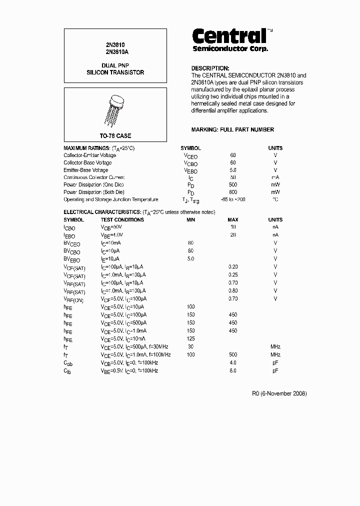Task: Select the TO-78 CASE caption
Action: click(x=115, y=135)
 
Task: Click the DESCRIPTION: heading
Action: click(x=210, y=68)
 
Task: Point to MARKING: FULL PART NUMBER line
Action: click(x=232, y=129)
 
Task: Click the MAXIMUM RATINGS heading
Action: click(x=86, y=148)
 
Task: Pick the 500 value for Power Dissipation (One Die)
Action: click(x=233, y=184)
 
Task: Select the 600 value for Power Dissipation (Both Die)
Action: click(x=233, y=192)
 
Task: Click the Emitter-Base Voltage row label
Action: click(x=85, y=170)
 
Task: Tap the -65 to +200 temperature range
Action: click(x=233, y=199)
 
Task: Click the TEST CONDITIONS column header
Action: click(x=122, y=219)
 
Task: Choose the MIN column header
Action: click(x=190, y=219)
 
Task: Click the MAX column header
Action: click(x=233, y=219)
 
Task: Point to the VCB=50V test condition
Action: click(x=111, y=227)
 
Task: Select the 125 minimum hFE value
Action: click(x=190, y=339)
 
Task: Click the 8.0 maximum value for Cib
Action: click(x=233, y=370)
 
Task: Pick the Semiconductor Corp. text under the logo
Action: click(x=230, y=49)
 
